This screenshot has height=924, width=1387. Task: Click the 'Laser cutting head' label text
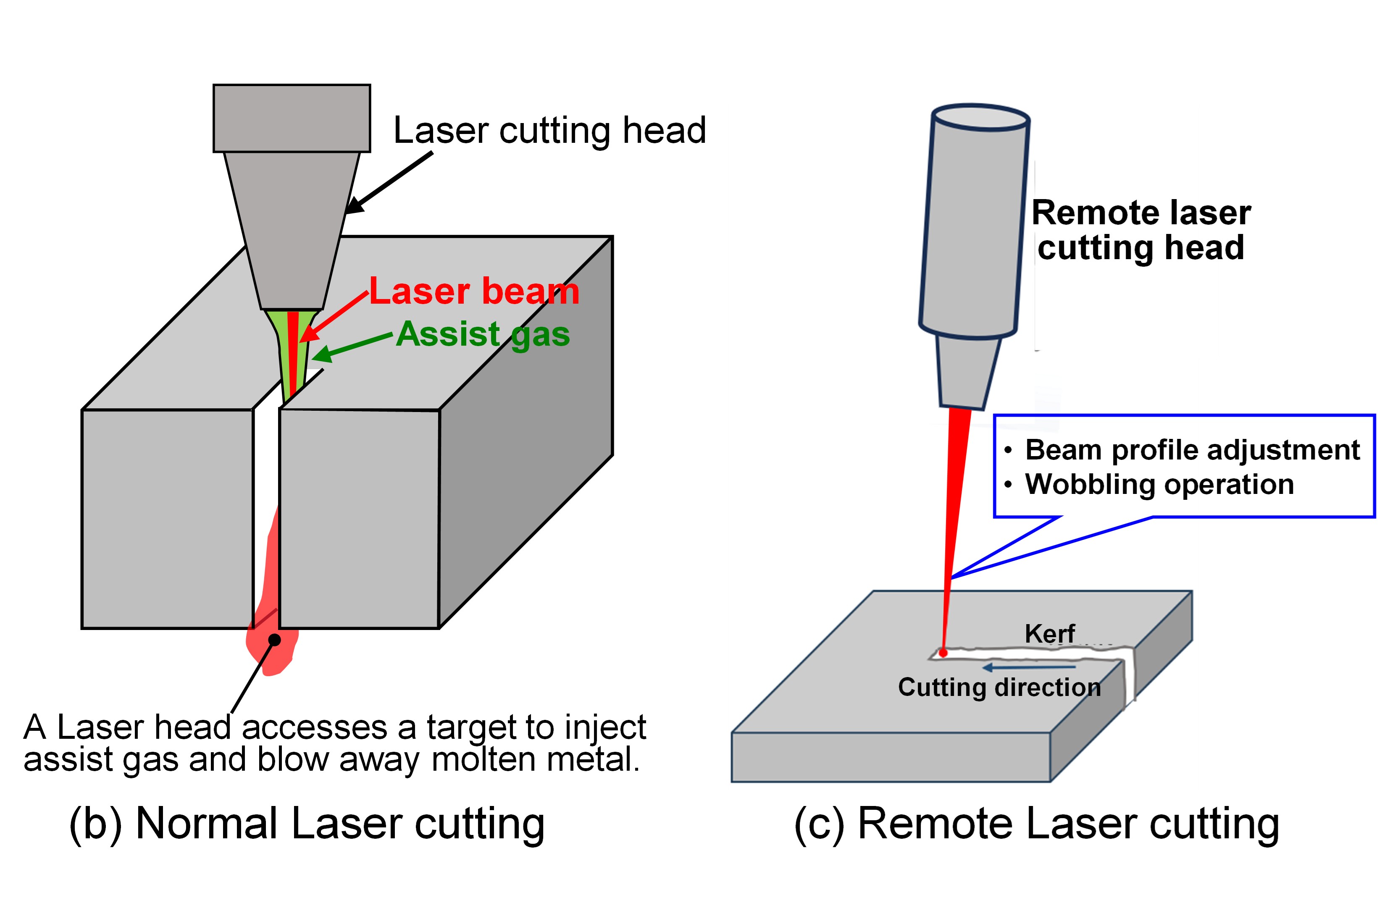[x=549, y=130]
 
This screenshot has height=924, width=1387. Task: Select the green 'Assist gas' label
[x=483, y=334]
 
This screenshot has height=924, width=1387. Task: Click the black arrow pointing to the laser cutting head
[x=389, y=183]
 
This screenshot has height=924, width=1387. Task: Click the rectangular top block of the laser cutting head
[x=292, y=118]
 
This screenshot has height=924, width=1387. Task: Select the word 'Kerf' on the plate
[x=1049, y=634]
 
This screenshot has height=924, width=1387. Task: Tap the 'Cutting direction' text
[x=999, y=687]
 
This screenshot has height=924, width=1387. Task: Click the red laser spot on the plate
[x=943, y=653]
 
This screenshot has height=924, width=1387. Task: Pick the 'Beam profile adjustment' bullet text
[x=1192, y=450]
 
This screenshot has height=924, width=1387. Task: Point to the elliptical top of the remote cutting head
[x=980, y=117]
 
